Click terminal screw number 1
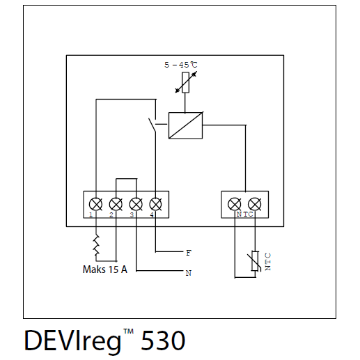(x=95, y=205)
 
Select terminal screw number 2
(x=116, y=205)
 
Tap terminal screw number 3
(x=136, y=205)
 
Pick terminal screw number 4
(x=155, y=205)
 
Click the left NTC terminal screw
(x=235, y=205)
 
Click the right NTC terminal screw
(x=255, y=205)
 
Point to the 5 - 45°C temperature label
(x=181, y=65)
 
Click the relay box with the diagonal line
(x=185, y=125)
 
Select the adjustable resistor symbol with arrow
(x=186, y=82)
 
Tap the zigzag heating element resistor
(x=96, y=245)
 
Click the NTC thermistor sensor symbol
(x=255, y=261)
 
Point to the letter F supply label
(x=189, y=253)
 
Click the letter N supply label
(x=189, y=273)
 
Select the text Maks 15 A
(x=105, y=269)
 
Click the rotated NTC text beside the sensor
(x=268, y=262)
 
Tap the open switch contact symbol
(x=152, y=125)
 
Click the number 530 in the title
(x=163, y=341)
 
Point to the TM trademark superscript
(x=128, y=331)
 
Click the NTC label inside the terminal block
(x=244, y=214)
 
